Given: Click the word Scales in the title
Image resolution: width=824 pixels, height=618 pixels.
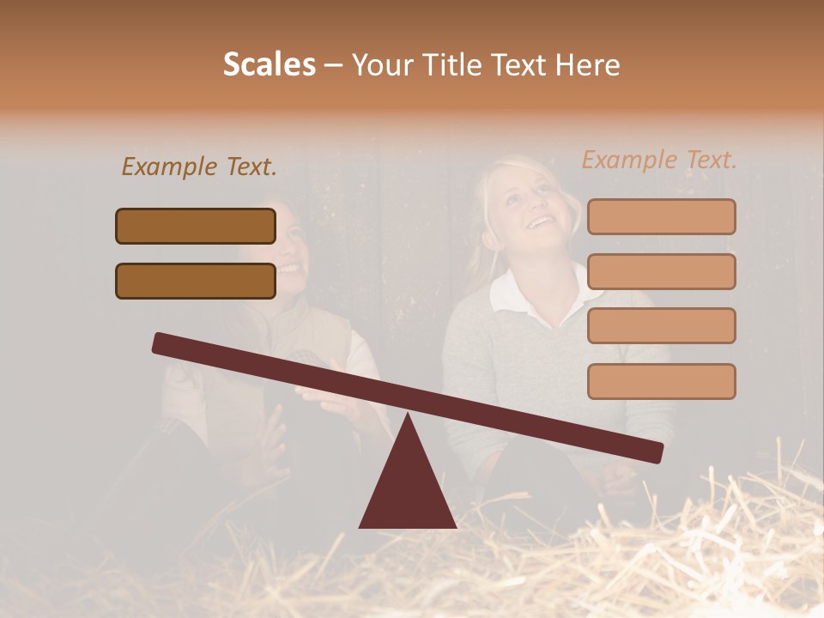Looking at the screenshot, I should [x=269, y=64].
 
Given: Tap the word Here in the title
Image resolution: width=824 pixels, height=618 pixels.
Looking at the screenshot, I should [x=587, y=64].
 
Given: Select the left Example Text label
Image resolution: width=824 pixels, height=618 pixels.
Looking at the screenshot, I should [x=199, y=167].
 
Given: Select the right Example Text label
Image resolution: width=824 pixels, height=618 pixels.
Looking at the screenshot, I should [x=659, y=160].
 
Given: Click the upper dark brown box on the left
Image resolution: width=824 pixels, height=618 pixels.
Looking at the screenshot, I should [x=196, y=226].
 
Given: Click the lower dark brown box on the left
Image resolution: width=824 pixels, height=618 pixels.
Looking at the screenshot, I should [x=196, y=281].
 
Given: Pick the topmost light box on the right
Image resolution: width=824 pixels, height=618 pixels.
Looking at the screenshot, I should [x=661, y=216].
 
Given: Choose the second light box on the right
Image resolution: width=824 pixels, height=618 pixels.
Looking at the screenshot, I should [x=661, y=271].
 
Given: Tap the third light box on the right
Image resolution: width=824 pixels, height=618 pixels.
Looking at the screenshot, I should [x=661, y=325].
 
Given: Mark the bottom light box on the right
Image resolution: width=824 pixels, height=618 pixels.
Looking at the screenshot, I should [x=661, y=381].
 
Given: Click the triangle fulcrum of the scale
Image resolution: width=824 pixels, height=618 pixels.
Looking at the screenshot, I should [x=408, y=485].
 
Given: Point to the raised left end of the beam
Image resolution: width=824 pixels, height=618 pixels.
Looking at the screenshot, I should [x=163, y=343].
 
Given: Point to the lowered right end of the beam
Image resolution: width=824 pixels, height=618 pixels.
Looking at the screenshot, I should [x=652, y=451].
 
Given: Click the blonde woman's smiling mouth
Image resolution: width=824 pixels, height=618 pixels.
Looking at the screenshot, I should [x=540, y=223].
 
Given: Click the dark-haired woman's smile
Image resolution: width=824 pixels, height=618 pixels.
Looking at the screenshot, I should [x=290, y=268].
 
